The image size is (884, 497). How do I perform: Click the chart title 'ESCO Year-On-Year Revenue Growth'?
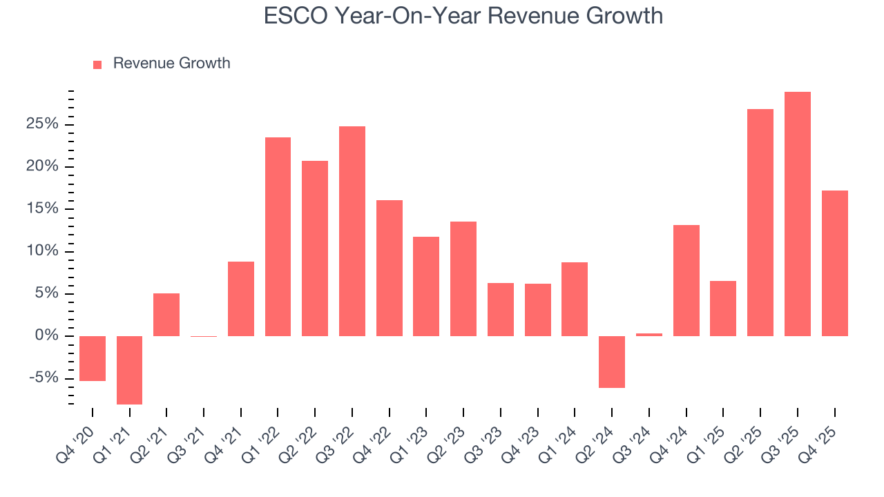click(x=463, y=15)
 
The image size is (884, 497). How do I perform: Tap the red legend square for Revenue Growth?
click(x=97, y=64)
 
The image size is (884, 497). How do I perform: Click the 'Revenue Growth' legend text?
click(x=171, y=64)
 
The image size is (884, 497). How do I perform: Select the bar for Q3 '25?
click(x=798, y=214)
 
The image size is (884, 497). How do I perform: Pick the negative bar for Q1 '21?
click(x=129, y=370)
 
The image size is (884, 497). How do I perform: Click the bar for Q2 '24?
click(x=612, y=362)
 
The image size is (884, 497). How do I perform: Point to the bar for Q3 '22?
click(x=352, y=231)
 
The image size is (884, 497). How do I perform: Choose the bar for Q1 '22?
click(x=278, y=237)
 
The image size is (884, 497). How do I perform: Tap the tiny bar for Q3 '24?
click(x=649, y=335)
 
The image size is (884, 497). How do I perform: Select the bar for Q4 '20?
click(x=93, y=358)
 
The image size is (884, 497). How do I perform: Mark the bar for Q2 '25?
click(x=760, y=222)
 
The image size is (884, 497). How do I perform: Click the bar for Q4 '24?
click(x=686, y=280)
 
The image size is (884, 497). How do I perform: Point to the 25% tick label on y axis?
click(x=43, y=124)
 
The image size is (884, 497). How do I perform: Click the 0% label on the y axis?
click(x=47, y=336)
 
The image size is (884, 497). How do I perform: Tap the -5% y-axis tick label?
click(x=43, y=378)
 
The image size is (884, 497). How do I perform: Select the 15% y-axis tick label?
click(x=43, y=209)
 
